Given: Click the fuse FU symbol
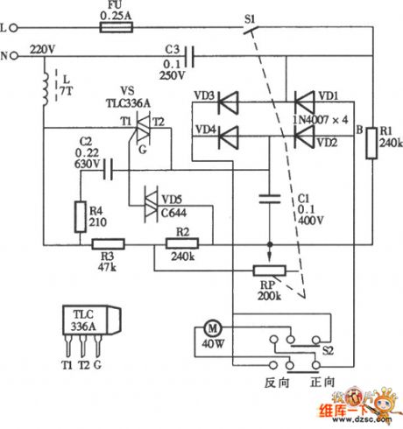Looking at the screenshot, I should point(117,29).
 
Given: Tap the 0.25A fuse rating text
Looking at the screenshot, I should point(117,16).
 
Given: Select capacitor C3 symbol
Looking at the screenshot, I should point(187,60).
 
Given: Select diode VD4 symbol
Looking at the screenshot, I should point(229,136).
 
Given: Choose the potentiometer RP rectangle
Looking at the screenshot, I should point(270,271).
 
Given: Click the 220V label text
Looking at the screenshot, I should point(42,50).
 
